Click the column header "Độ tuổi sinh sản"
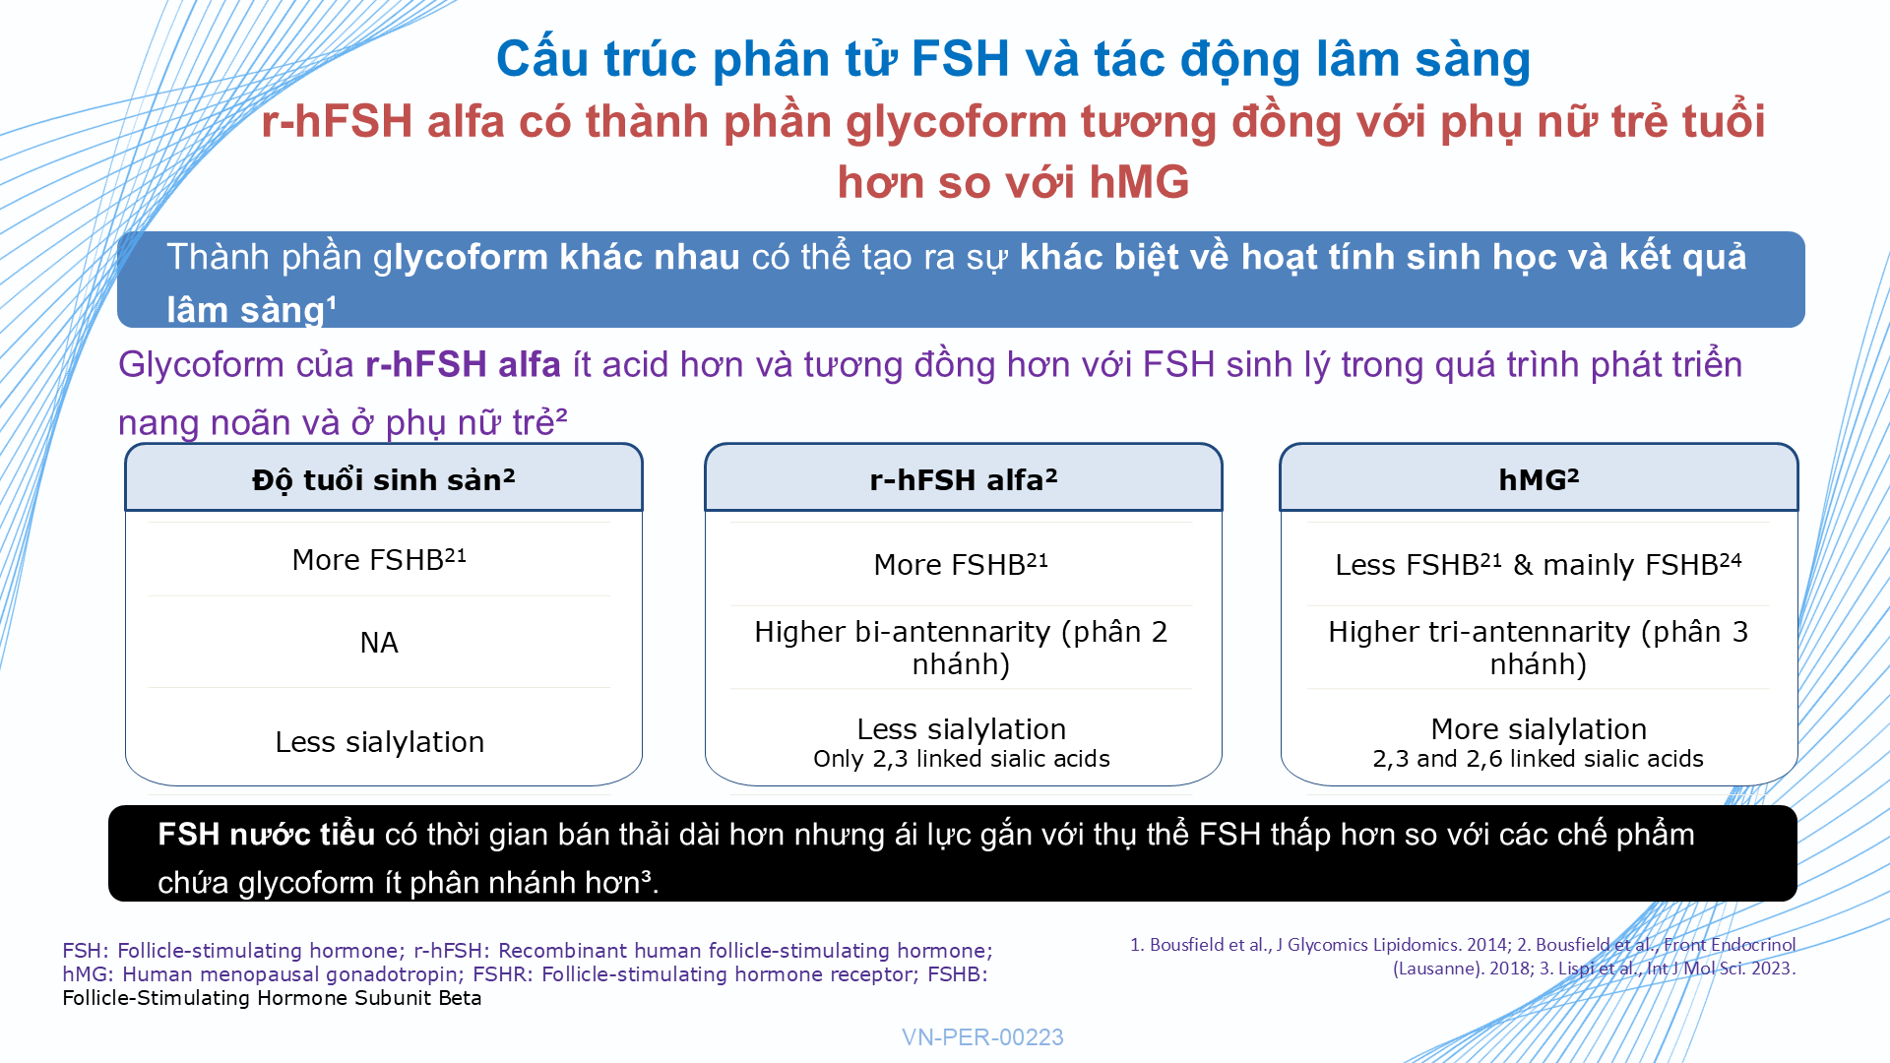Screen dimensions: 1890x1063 (384, 479)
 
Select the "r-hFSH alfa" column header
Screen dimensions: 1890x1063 (963, 479)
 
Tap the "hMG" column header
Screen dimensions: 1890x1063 (1539, 479)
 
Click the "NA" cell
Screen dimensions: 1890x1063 (379, 643)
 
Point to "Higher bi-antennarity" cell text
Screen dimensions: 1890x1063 (961, 648)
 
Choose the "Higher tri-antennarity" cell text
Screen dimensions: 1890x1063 (1539, 648)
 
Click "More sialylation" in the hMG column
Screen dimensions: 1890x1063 (1539, 729)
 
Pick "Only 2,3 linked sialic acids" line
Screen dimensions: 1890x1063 (962, 759)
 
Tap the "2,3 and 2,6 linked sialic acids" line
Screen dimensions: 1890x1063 (1538, 759)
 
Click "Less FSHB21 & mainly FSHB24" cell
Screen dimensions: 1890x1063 (1539, 564)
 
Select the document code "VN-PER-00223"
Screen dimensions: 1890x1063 (982, 1037)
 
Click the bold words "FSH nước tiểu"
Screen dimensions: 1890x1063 (266, 835)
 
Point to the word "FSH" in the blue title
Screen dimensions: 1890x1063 (960, 59)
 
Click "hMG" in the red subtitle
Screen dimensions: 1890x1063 (1139, 182)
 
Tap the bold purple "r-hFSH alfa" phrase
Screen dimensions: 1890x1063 (463, 365)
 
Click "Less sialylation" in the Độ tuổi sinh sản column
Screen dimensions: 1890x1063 (379, 742)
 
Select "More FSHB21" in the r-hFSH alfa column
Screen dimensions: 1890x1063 (961, 564)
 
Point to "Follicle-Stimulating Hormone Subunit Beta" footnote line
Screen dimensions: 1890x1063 (272, 998)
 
